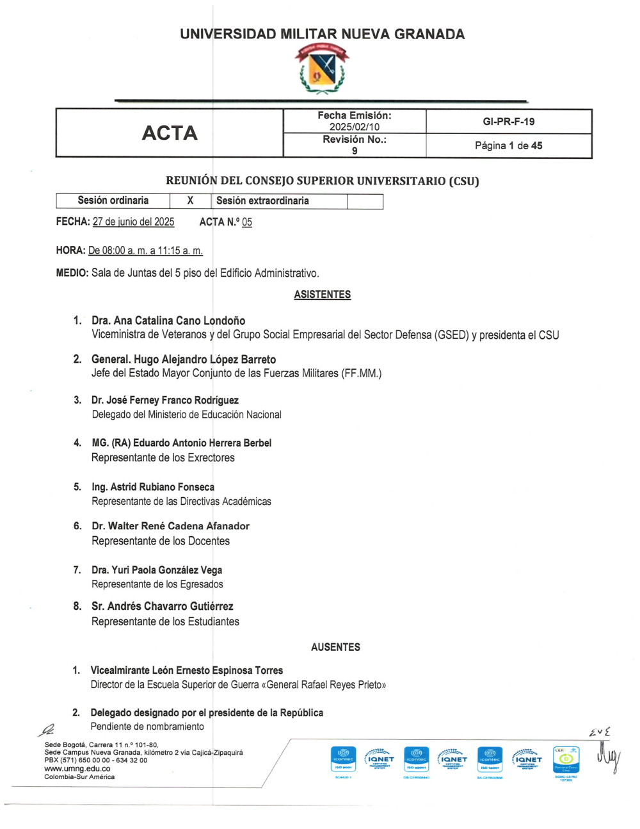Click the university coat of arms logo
coord(322,69)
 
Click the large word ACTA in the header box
coord(170,133)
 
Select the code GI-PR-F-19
coord(509,122)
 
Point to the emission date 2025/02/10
coord(355,127)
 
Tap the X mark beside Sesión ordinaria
coord(190,201)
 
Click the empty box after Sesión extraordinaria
coord(365,201)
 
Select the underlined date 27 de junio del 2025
coord(133,222)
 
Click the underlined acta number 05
coord(247,222)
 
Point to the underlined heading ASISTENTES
coord(323,295)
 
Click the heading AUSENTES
coord(335,647)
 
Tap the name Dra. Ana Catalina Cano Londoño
coord(168,320)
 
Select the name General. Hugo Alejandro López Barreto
coord(184,359)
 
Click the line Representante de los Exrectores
coord(163,457)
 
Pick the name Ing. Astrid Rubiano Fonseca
coord(153,487)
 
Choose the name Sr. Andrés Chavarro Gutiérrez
coord(163,606)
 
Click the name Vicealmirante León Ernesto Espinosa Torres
coord(187,670)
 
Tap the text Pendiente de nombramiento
coord(147,726)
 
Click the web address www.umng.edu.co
coord(77,769)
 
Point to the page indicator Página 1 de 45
coord(509,146)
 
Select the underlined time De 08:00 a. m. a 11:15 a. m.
coord(145,250)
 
